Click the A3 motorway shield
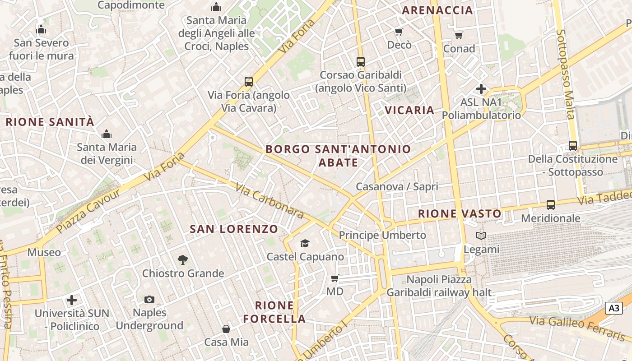coord(613,309)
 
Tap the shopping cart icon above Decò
coord(399,32)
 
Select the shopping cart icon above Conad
coord(459,35)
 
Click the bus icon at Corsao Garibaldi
coord(360,61)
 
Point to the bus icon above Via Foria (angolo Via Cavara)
coord(248,82)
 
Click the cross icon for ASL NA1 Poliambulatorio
coord(481,89)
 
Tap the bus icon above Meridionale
coord(551,205)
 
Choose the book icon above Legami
coord(481,236)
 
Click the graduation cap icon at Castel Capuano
coord(305,244)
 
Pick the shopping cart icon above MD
coord(335,278)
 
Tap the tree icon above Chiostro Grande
coord(183,259)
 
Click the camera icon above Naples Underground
coord(149,299)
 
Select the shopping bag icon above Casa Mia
coord(226,329)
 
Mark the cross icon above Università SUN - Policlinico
coord(72,300)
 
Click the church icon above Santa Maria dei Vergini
coord(107,134)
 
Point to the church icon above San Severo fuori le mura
coord(41,30)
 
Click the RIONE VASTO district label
coord(460,214)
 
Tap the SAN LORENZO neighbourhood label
coord(234,229)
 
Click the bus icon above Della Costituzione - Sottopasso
coord(573,146)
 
